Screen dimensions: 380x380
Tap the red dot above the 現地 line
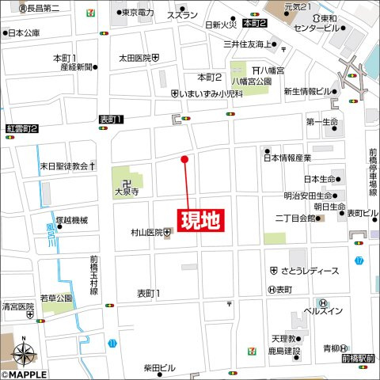(185, 159)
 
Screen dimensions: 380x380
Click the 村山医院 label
(146, 233)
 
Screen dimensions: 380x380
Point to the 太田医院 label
(135, 58)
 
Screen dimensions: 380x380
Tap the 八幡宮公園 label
(251, 82)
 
